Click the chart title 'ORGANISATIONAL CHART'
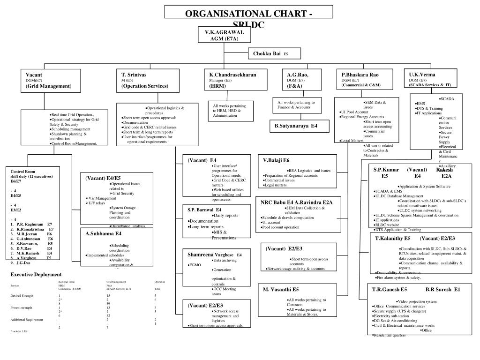(249, 14)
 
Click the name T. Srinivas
(134, 75)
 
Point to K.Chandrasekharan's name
(232, 75)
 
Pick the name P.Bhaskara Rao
(360, 75)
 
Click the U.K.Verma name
(422, 74)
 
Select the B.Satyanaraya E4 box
(296, 126)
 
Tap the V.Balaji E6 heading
(277, 160)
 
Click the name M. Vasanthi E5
(281, 289)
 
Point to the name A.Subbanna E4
(103, 233)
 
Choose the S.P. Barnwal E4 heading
(205, 210)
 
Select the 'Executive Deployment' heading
(36, 274)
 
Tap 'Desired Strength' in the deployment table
(22, 296)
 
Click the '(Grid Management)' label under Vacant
(49, 86)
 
